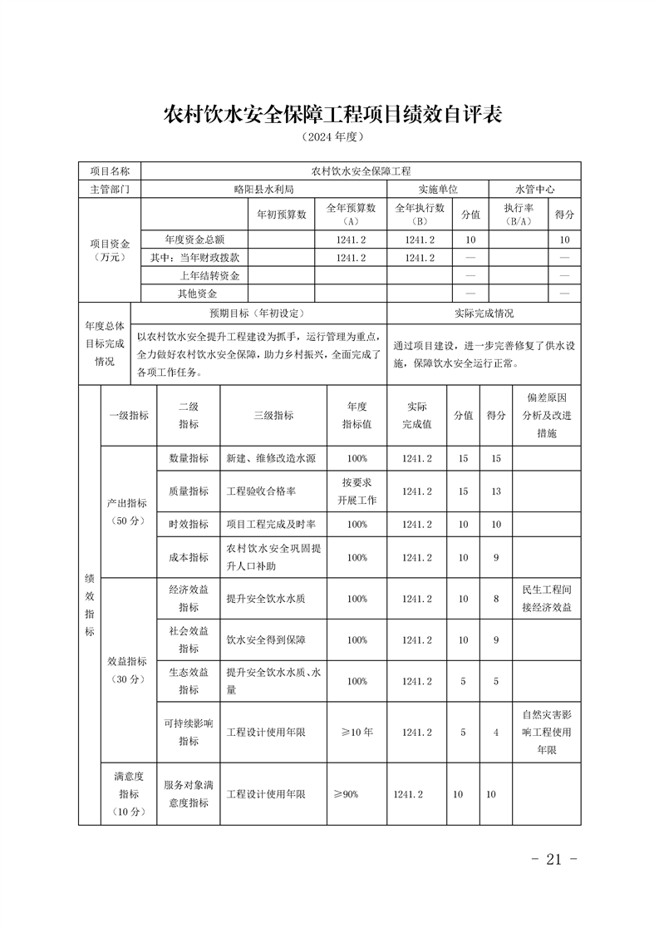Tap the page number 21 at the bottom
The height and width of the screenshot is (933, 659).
[553, 859]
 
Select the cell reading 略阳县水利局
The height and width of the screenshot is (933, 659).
[263, 190]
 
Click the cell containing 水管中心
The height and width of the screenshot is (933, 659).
[534, 190]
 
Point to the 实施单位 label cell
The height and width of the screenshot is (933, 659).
[438, 190]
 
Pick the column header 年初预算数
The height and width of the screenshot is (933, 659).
[282, 214]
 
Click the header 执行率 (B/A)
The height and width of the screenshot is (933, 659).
[519, 214]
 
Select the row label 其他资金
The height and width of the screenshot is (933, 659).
[197, 293]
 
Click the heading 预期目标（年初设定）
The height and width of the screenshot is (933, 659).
[258, 313]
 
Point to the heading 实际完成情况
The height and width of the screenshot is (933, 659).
[484, 313]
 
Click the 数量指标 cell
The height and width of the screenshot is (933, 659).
[189, 458]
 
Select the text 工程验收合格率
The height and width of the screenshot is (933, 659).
[261, 491]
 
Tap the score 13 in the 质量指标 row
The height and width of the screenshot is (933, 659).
[496, 491]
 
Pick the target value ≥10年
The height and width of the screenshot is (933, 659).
[357, 733]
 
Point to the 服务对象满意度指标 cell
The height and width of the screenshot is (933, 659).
[189, 794]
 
